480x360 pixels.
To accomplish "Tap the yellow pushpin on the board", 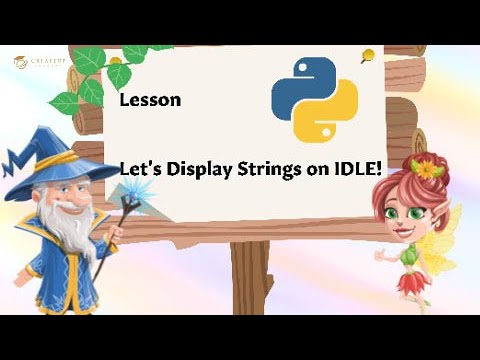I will (368, 56).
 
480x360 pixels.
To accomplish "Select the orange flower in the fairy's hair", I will (428, 169).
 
